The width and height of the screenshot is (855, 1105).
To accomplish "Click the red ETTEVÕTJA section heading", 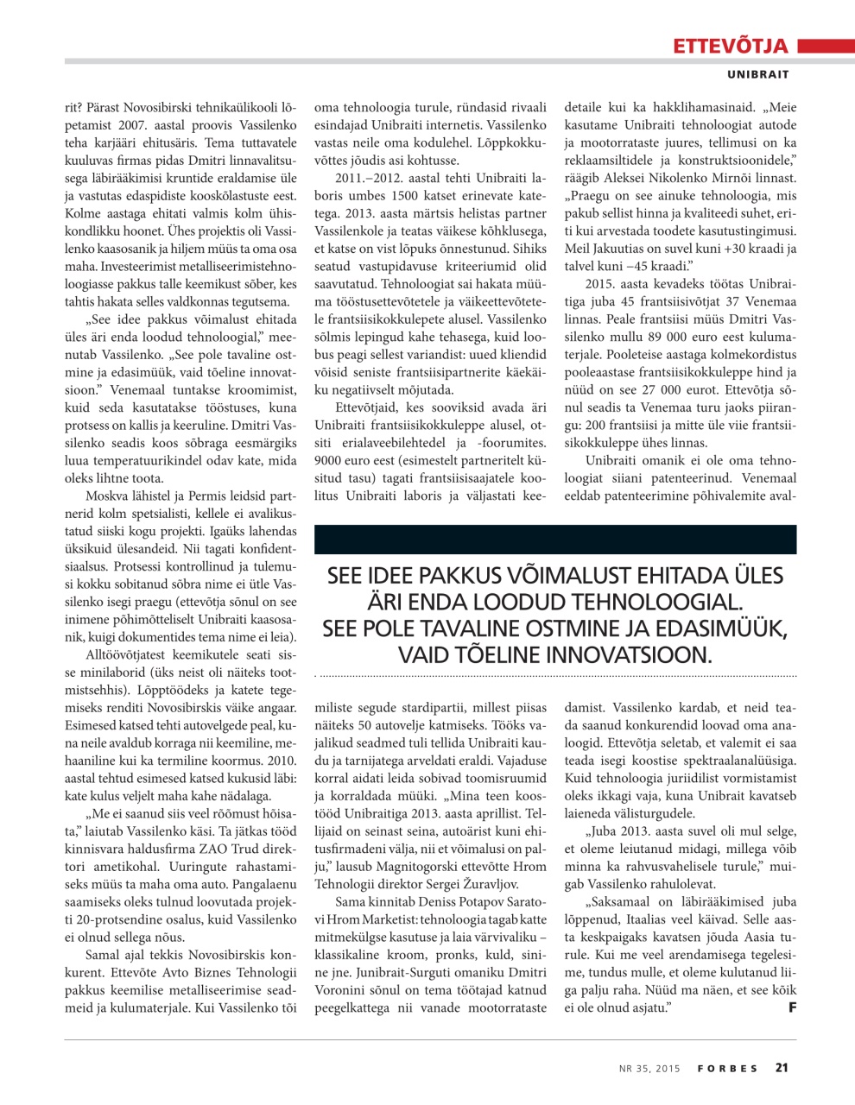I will [x=730, y=46].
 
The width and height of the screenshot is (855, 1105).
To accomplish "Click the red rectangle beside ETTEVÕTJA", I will [x=825, y=46].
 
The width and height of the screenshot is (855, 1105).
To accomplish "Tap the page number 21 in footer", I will [x=782, y=1068].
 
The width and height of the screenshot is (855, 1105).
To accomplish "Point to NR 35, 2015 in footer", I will [x=649, y=1069].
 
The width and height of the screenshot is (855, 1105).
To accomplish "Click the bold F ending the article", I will [x=792, y=1007].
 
